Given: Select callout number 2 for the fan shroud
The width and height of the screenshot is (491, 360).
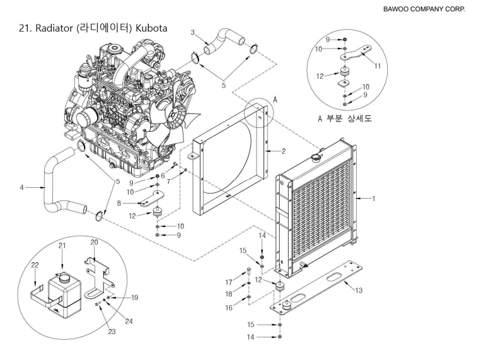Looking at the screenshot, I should pyautogui.click(x=284, y=151).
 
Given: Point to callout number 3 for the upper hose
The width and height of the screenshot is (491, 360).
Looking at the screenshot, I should pyautogui.click(x=194, y=32).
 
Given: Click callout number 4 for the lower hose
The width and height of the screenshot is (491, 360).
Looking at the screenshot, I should pyautogui.click(x=22, y=187).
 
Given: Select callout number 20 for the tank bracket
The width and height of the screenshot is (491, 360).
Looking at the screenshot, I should pyautogui.click(x=94, y=242).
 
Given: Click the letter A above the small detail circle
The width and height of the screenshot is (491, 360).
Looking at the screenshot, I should pyautogui.click(x=274, y=100).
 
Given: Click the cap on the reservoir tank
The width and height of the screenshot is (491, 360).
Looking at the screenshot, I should pyautogui.click(x=63, y=276).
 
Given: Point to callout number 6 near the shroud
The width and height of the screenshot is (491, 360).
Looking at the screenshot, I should pyautogui.click(x=163, y=176).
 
